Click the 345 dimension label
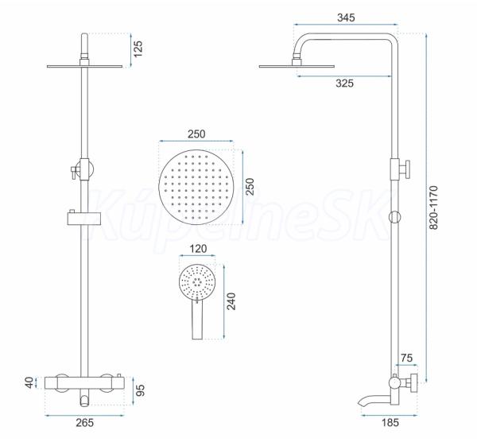(x=346, y=17)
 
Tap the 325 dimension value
(x=345, y=83)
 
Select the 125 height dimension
(x=138, y=49)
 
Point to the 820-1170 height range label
(x=433, y=207)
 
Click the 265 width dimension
(x=85, y=423)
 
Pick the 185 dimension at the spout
(x=390, y=422)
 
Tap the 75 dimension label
(x=406, y=358)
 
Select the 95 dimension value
(x=140, y=390)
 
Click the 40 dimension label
(x=29, y=382)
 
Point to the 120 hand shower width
(x=198, y=249)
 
